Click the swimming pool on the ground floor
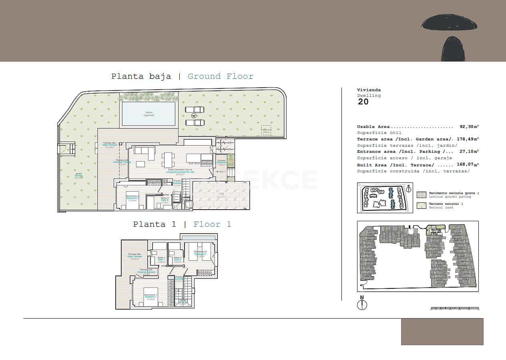tap(149, 114)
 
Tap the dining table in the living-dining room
tap(168, 160)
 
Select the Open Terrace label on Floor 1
tap(135, 256)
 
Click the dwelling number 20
tap(363, 102)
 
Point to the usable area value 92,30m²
tap(469, 127)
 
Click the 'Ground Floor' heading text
tap(221, 76)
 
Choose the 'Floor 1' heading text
tap(212, 224)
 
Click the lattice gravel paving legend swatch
tap(422, 195)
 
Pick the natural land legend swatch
tap(422, 206)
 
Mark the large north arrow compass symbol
tap(362, 304)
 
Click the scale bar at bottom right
tap(455, 308)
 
